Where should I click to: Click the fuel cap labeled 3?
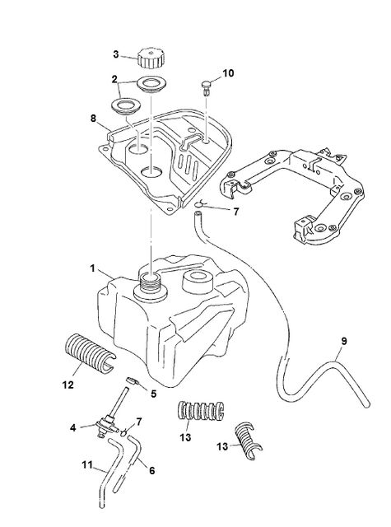click(x=151, y=58)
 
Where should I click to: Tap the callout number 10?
click(x=228, y=73)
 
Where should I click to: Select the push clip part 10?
click(x=207, y=87)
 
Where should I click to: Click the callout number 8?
click(x=93, y=119)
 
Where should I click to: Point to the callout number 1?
click(x=92, y=268)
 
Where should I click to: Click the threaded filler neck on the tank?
click(x=150, y=285)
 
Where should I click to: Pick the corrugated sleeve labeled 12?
click(x=89, y=352)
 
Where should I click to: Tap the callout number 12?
click(x=67, y=385)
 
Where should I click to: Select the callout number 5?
click(x=153, y=394)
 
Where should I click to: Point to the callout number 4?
click(x=73, y=428)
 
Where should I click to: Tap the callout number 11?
click(x=87, y=465)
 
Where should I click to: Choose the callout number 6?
click(x=151, y=471)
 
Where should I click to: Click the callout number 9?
click(x=343, y=341)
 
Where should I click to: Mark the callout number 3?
click(x=116, y=54)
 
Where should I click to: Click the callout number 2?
click(x=114, y=79)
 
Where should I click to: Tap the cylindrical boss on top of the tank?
click(x=198, y=282)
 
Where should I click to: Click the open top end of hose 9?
click(x=198, y=212)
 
